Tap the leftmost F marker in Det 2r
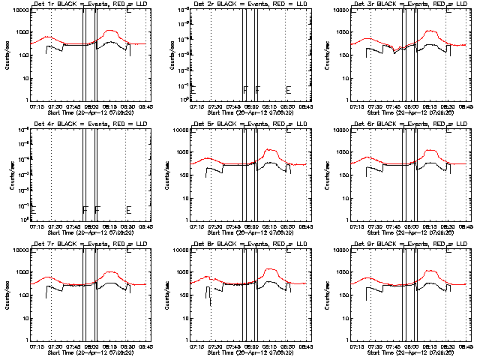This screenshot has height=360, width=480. (245, 90)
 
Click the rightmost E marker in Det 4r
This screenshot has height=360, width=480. (129, 210)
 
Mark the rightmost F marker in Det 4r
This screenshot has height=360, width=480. (97, 210)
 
